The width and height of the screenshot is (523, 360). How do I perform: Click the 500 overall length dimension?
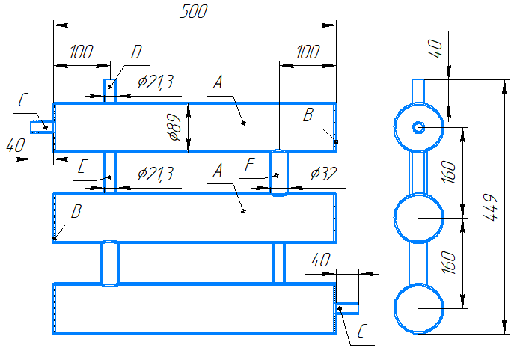pyautogui.click(x=194, y=11)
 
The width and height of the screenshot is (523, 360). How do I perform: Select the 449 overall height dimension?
pyautogui.click(x=490, y=207)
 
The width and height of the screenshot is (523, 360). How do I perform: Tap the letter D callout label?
pyautogui.click(x=136, y=52)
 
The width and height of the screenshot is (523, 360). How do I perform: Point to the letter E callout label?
pyautogui.click(x=82, y=166)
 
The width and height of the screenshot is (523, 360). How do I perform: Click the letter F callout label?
pyautogui.click(x=249, y=165)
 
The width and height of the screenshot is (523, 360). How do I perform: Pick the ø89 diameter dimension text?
pyautogui.click(x=174, y=127)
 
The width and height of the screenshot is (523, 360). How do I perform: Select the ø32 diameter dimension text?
pyautogui.click(x=323, y=174)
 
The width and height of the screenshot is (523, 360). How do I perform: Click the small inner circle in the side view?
pyautogui.click(x=418, y=127)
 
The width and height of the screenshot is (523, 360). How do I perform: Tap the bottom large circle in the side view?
pyautogui.click(x=418, y=308)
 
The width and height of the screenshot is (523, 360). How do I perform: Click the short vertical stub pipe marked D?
pyautogui.click(x=110, y=91)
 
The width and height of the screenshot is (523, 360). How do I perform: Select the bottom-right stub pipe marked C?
pyautogui.click(x=347, y=308)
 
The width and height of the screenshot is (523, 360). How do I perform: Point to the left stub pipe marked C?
pyautogui.click(x=42, y=127)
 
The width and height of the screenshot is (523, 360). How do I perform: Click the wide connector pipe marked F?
pyautogui.click(x=278, y=172)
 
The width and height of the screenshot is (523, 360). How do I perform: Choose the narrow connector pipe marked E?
pyautogui.click(x=110, y=172)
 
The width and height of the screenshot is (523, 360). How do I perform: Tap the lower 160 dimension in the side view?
pyautogui.click(x=448, y=263)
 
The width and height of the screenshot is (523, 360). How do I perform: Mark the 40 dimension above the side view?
pyautogui.click(x=435, y=49)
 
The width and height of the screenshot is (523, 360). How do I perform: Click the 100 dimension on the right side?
pyautogui.click(x=308, y=52)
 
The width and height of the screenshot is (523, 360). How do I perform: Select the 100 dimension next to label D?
pyautogui.click(x=81, y=52)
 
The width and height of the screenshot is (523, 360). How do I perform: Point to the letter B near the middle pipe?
pyautogui.click(x=76, y=211)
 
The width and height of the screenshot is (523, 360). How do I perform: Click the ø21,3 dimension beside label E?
pyautogui.click(x=156, y=174)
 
